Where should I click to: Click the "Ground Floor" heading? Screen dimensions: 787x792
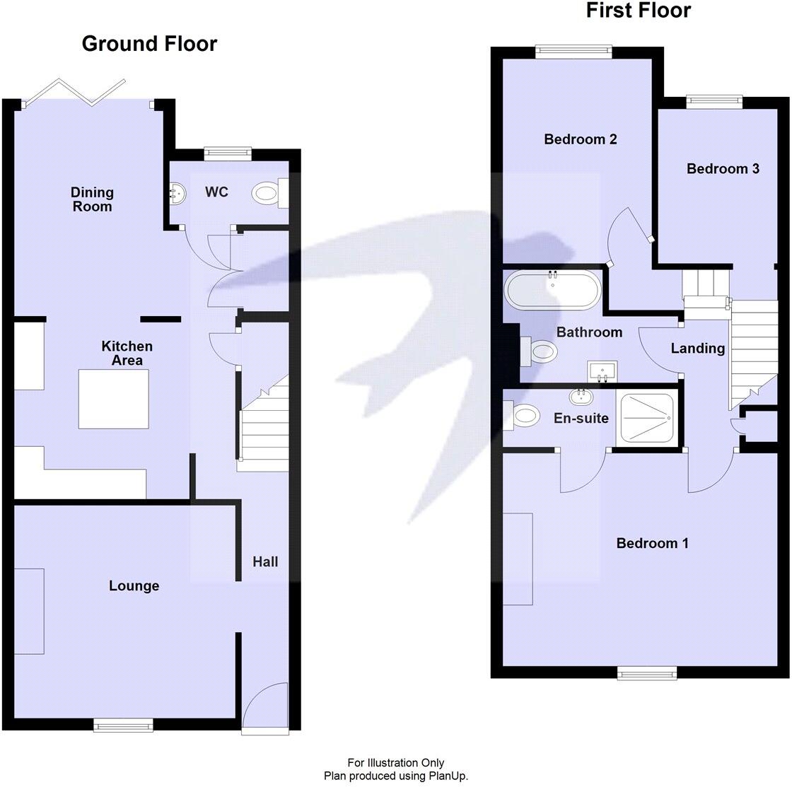(149, 44)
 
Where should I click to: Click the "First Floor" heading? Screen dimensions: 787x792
(638, 10)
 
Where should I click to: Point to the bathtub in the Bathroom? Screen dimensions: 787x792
(553, 290)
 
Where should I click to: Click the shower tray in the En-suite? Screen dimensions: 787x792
(647, 418)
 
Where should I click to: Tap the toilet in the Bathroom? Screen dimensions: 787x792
(540, 351)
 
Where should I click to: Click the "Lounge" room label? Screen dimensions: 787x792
(134, 586)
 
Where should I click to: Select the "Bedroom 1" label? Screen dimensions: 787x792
(652, 543)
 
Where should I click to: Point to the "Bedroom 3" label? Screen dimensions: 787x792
(723, 168)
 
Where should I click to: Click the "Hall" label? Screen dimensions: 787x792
(265, 561)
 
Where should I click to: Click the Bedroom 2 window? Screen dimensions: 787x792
(573, 51)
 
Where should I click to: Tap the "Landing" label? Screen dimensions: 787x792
(697, 348)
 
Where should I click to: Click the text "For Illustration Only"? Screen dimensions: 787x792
(395, 763)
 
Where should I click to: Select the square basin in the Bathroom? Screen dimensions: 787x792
(602, 370)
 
